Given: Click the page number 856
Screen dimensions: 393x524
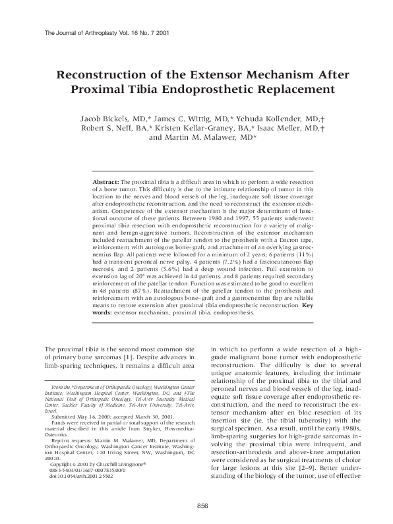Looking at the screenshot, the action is (202, 505).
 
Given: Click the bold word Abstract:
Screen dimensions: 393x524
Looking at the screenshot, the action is (105, 181).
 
